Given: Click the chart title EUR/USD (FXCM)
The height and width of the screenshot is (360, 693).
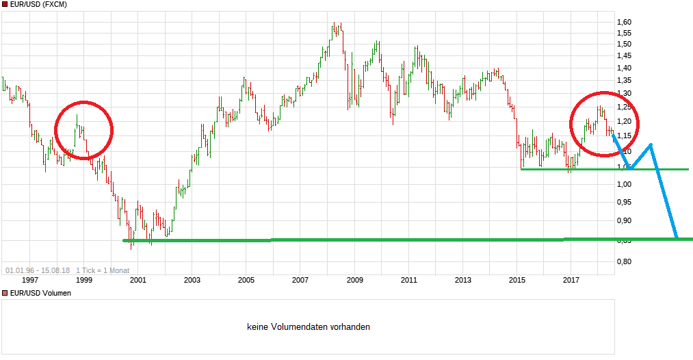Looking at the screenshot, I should pos(39,5).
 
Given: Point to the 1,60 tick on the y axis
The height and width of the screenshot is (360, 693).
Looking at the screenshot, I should pos(625,22).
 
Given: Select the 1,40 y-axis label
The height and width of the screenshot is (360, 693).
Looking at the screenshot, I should pos(625,68).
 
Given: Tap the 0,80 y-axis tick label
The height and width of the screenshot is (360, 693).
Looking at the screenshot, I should pos(625,261).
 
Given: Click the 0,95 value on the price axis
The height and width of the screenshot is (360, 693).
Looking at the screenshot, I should pos(625,202).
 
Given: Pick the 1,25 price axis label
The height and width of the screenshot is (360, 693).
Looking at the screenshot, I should pos(625,107).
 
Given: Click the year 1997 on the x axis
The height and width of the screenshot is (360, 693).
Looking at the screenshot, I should pos(30,279).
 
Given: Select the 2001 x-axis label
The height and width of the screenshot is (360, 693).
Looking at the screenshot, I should pos(138,279).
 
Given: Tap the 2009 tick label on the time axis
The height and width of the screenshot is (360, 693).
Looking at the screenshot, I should pos(354,279).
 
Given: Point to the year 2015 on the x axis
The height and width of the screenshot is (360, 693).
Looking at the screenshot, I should pos(517,279).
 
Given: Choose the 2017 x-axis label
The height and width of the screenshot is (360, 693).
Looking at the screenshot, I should pos(571,279).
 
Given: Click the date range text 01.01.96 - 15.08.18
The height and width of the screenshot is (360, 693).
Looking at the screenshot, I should pos(38,270).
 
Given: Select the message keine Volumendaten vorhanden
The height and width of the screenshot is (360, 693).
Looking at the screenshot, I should pos(309,327).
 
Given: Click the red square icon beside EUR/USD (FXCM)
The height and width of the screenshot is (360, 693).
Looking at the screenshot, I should pos(4,5).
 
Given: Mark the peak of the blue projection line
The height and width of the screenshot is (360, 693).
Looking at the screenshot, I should pos(650,144).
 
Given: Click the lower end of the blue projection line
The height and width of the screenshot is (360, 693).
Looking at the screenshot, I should pos(677,237).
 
